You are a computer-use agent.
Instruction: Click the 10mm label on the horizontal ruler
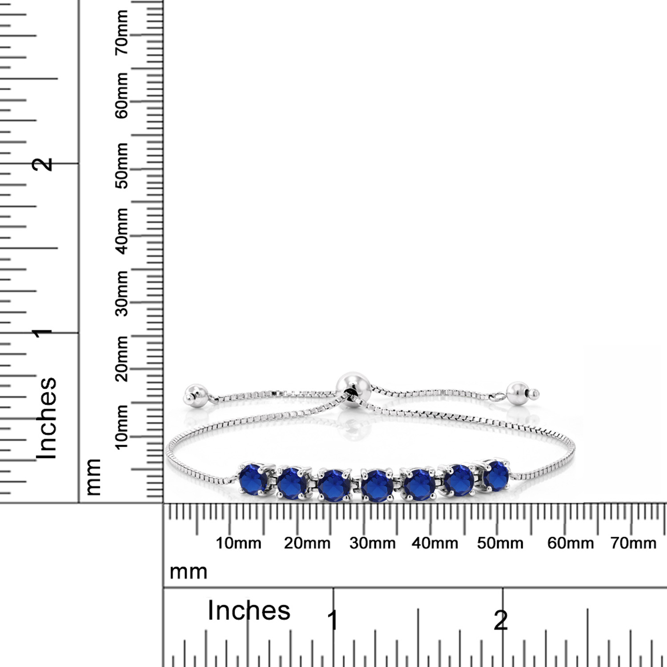238,543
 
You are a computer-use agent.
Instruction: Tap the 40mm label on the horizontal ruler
434,543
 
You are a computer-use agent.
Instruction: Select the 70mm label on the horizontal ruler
633,543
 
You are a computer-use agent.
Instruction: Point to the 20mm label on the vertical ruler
121,358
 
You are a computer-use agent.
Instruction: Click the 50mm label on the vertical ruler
121,165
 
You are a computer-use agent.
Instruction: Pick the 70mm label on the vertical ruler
121,32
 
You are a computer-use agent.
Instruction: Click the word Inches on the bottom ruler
249,610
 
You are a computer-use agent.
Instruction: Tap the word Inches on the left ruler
47,418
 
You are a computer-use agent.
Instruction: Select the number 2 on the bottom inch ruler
501,620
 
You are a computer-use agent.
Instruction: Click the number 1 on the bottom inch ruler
333,620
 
